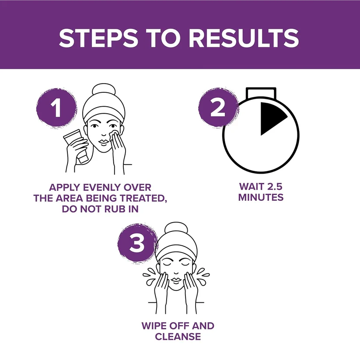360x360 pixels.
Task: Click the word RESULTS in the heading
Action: [244, 38]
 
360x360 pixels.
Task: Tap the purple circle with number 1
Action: [56, 108]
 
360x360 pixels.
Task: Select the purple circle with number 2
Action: [218, 107]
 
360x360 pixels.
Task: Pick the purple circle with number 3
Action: [137, 243]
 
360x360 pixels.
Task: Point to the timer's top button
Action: [261, 93]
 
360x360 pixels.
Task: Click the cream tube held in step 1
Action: [76, 146]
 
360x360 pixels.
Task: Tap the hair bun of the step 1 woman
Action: [104, 91]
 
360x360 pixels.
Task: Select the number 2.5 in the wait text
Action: [273, 187]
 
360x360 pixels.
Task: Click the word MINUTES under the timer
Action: [261, 197]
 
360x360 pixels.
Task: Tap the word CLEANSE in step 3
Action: [178, 336]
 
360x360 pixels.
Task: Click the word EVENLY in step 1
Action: [102, 187]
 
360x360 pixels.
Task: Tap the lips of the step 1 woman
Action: [104, 141]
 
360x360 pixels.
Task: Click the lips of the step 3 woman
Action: [176, 280]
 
